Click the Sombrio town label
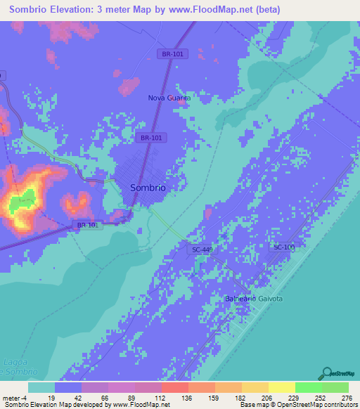[x=148, y=188]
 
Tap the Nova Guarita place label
[x=169, y=98]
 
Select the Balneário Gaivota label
[x=254, y=299]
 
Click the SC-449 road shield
[x=202, y=249]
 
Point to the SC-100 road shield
[x=283, y=247]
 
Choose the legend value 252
[x=323, y=397]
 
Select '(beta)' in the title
[x=266, y=10]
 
